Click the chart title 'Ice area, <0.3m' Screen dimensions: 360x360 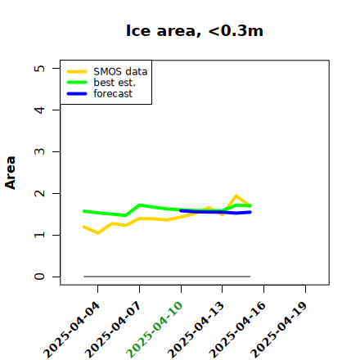pos(195,30)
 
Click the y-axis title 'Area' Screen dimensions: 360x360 pos(11,173)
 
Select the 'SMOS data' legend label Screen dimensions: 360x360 pos(120,72)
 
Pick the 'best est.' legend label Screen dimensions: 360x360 pos(115,83)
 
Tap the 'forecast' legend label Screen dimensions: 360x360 pos(113,93)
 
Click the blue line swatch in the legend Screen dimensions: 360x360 pos(77,94)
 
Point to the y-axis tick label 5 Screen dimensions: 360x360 pos(40,68)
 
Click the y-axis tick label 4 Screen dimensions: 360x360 pos(40,110)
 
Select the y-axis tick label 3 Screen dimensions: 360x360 pos(40,151)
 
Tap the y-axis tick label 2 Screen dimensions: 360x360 pos(40,193)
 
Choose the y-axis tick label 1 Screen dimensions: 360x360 pos(40,235)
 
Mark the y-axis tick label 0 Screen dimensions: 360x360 pos(40,277)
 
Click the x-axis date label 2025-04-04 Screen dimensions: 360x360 pos(71,330)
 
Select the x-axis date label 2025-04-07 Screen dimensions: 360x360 pos(113,330)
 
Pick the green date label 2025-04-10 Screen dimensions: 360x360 pos(155,330)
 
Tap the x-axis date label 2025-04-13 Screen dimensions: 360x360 pos(196,330)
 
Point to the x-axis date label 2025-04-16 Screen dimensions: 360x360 pos(237,330)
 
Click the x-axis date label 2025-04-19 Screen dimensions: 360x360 pos(279,330)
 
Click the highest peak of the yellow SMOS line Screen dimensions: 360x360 pos(236,196)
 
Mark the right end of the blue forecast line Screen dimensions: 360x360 pos(250,212)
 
